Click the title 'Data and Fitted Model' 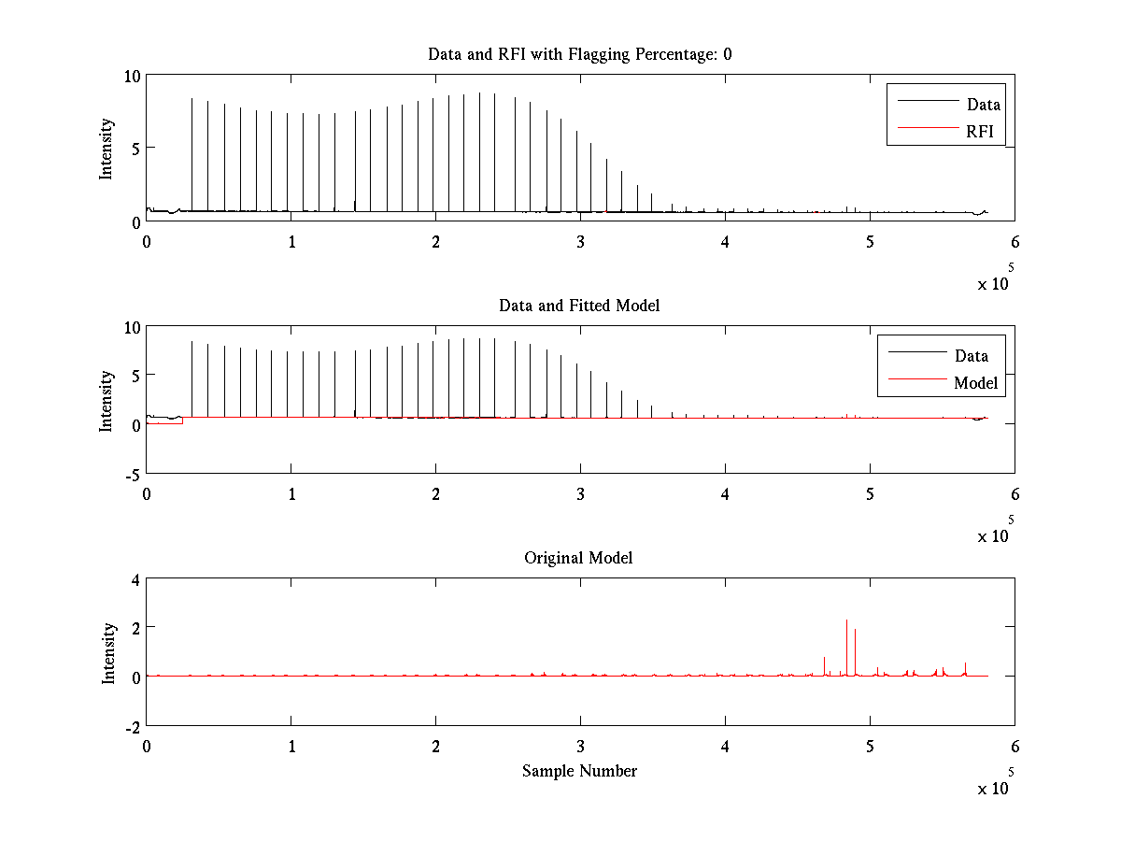[579, 306]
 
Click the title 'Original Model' [578, 558]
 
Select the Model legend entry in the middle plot [975, 383]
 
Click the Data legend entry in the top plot [983, 105]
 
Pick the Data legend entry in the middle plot [971, 355]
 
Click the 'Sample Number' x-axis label [579, 771]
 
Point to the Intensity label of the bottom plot [108, 653]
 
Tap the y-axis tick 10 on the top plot [132, 76]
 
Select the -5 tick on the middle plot [130, 474]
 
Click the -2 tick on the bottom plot [130, 726]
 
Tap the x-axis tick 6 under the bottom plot [1015, 747]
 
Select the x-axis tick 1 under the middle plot [291, 493]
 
